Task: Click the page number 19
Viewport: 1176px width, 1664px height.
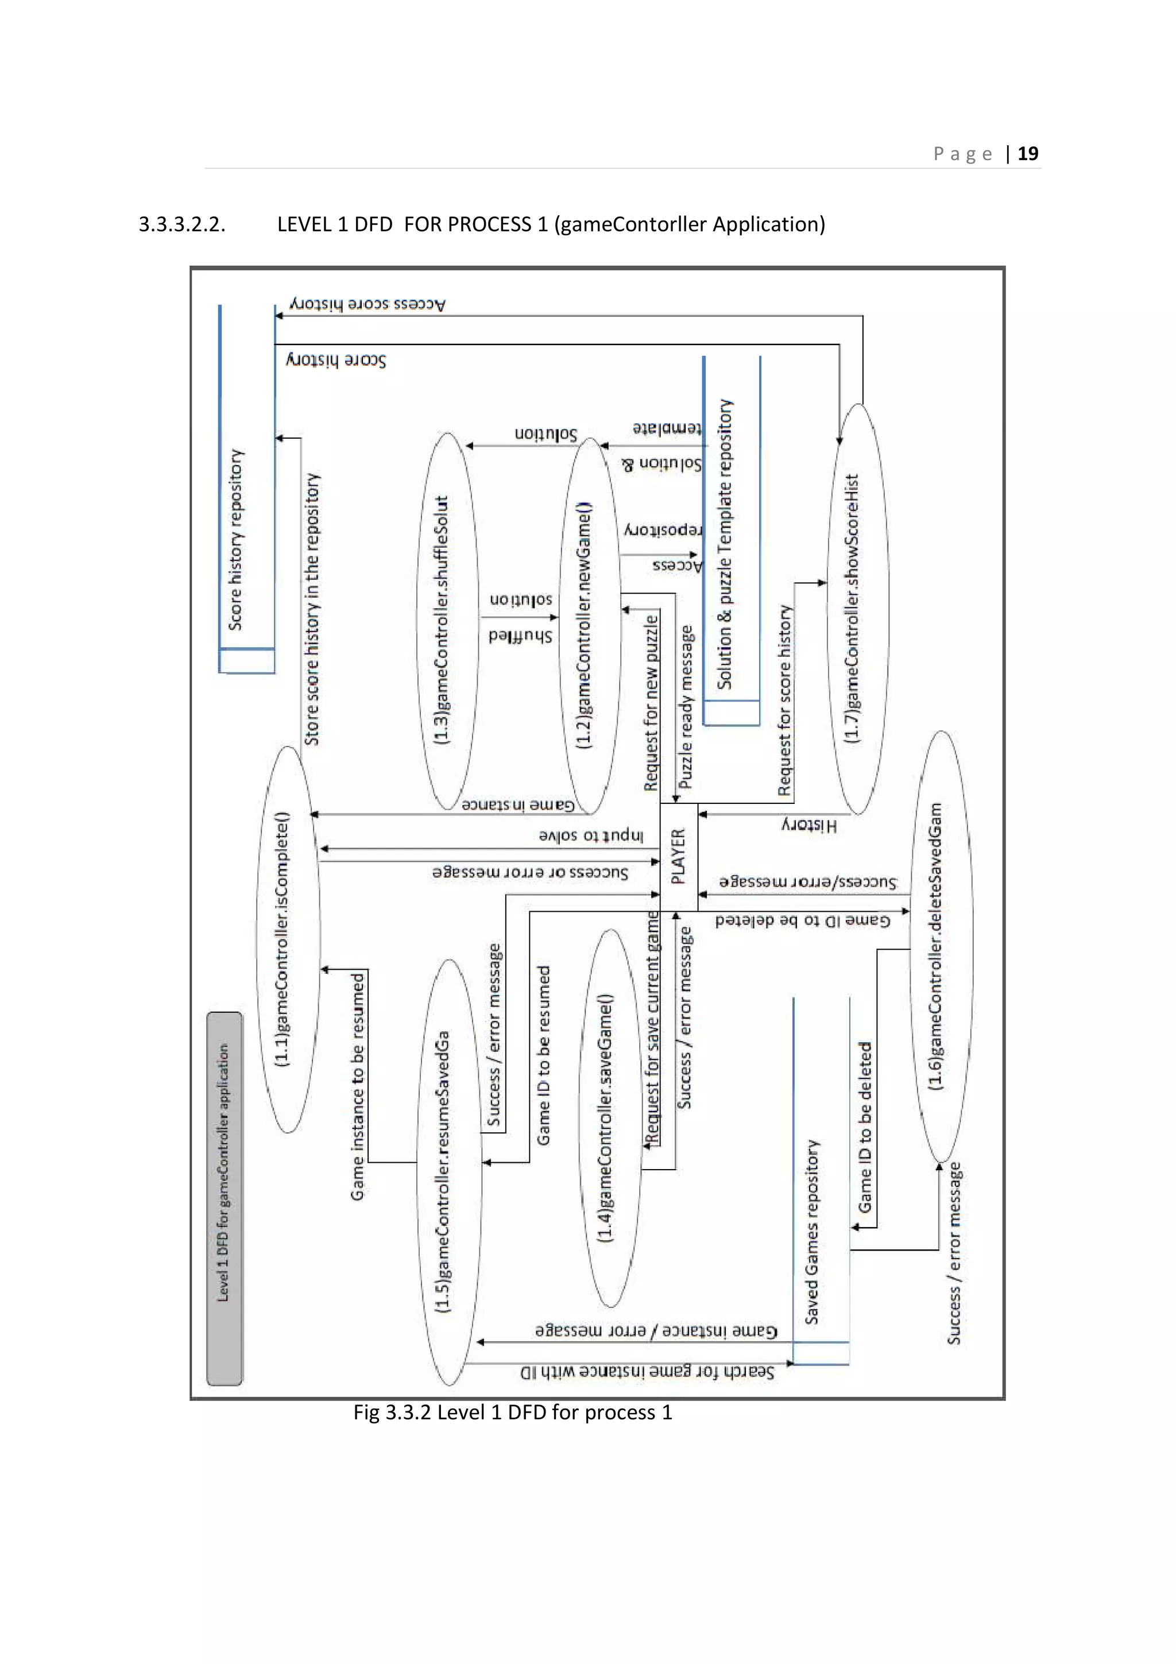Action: coord(1027,154)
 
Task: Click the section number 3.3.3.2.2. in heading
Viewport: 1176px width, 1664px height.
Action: coord(182,225)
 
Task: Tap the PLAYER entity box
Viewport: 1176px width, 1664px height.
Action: coord(678,857)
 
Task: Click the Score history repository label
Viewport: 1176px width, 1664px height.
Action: coord(236,540)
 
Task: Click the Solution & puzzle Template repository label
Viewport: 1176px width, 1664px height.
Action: coord(725,544)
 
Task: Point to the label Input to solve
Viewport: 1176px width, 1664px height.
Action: coord(590,835)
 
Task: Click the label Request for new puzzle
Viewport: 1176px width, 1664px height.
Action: coord(651,702)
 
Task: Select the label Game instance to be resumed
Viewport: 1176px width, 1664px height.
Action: coord(357,1087)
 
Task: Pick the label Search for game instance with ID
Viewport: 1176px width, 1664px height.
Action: coord(647,1372)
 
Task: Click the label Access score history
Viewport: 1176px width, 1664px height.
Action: coord(367,304)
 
